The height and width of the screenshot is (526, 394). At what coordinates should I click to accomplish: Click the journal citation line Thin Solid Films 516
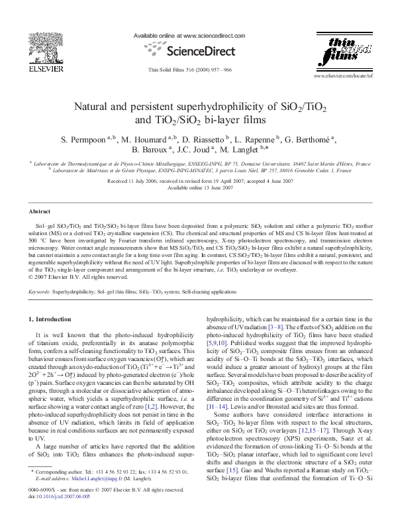point(190,69)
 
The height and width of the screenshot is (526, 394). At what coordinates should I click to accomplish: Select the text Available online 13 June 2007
point(197,187)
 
